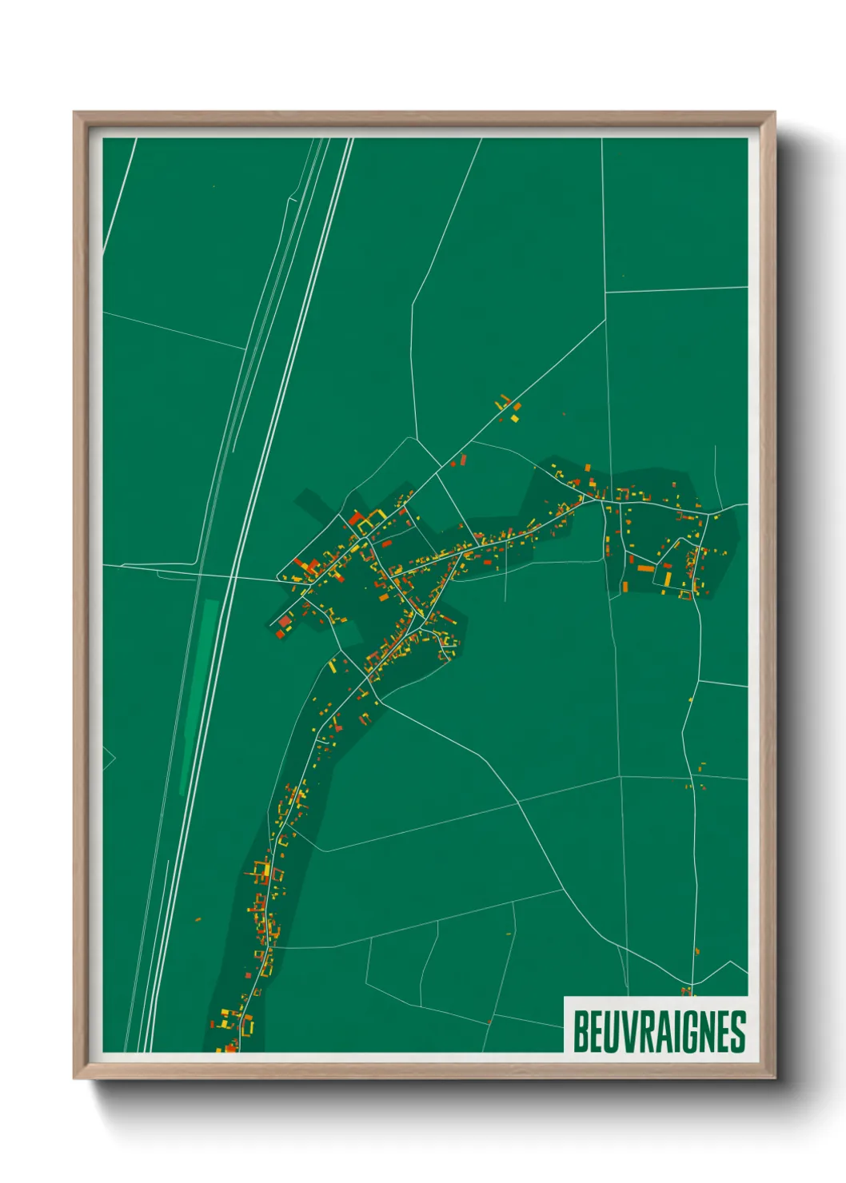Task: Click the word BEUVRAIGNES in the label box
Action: click(659, 1032)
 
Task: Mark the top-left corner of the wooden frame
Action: click(74, 113)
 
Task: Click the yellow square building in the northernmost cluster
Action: click(515, 417)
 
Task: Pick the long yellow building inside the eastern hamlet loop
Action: click(668, 576)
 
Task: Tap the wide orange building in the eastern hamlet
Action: click(645, 568)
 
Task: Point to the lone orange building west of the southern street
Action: click(198, 919)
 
